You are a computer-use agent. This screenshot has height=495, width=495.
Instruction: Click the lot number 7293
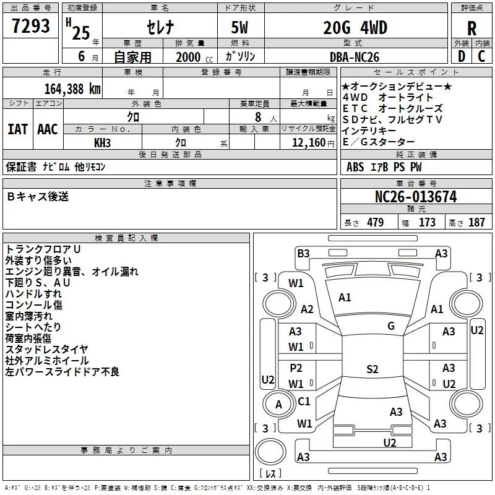pos(30,26)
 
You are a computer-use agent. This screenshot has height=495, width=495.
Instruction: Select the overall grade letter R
pos(471,28)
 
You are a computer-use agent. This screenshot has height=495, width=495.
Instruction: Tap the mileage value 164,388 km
pos(72,89)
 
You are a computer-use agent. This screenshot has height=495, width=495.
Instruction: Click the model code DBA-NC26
pos(354,57)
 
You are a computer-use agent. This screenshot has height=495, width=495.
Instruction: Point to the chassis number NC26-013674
pos(416,197)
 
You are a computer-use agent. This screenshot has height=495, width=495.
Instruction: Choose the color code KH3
pos(102,143)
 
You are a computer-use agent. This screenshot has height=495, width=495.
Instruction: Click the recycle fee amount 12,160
pos(308,143)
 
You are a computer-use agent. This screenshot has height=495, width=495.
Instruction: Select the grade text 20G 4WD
pos(355,27)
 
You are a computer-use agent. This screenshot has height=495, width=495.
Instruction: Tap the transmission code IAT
pos(18,129)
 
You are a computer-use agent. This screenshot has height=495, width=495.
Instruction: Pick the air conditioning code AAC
pos(48,129)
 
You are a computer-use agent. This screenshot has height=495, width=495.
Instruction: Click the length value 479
pos(376,222)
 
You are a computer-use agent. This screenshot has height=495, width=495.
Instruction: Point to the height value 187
pos(476,222)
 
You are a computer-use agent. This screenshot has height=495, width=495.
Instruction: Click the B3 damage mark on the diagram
pos(303,254)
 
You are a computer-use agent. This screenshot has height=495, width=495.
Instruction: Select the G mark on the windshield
pos(391,326)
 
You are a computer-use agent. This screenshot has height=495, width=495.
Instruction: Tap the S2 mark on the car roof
pos(372,369)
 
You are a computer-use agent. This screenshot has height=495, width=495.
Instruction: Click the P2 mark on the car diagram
pos(296,368)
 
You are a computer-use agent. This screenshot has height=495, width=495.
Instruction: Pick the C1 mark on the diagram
pos(304,401)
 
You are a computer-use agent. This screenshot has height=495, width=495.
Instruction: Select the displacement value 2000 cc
pos(194,57)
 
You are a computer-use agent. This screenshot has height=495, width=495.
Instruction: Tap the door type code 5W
pos(239,27)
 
